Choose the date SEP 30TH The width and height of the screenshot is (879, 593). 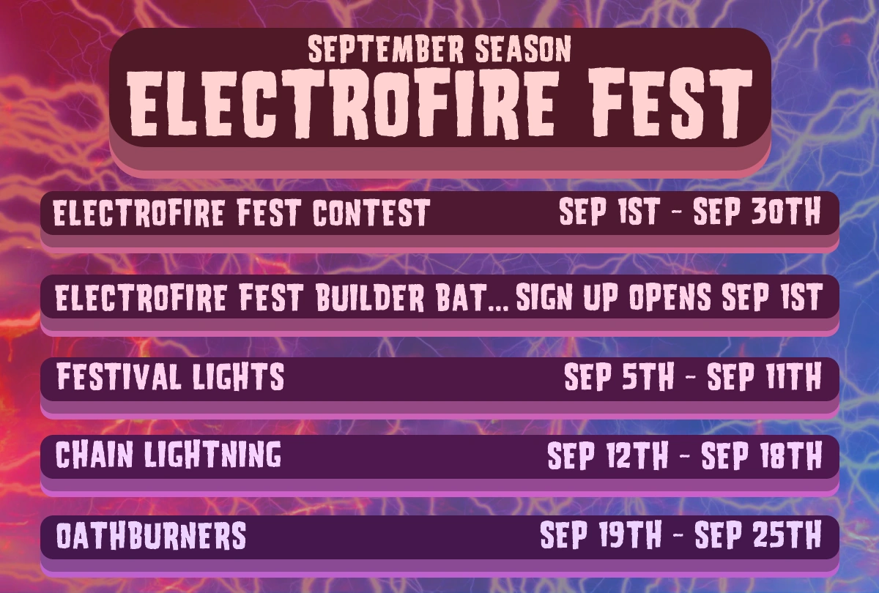click(757, 214)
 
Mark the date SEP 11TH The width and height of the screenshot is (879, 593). click(763, 378)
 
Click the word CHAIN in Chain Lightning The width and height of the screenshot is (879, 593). click(92, 455)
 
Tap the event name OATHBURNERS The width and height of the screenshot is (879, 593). click(151, 536)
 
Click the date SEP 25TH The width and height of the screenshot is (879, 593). click(757, 536)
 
